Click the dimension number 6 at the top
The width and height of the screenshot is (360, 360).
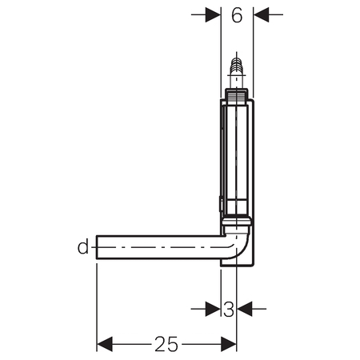click(x=237, y=15)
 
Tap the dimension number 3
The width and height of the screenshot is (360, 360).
click(x=229, y=310)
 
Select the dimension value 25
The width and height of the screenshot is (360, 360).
click(x=166, y=344)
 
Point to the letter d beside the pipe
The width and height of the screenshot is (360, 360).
click(x=83, y=247)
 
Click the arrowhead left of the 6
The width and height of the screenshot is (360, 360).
click(x=213, y=14)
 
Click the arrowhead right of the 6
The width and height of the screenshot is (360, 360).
click(x=261, y=14)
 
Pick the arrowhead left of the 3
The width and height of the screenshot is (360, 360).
click(x=213, y=309)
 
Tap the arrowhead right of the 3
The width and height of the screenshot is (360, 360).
click(x=245, y=309)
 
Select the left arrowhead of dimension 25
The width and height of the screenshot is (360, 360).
click(x=105, y=344)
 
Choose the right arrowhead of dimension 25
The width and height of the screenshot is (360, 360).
click(x=229, y=344)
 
